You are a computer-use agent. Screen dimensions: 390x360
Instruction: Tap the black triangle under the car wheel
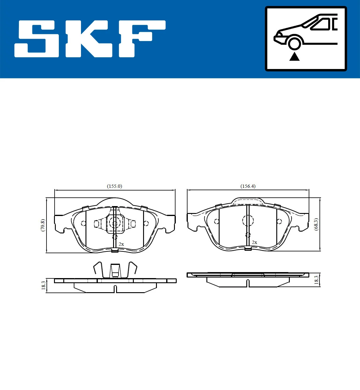pyautogui.click(x=294, y=56)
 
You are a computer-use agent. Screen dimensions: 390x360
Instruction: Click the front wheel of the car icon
pyautogui.click(x=294, y=43)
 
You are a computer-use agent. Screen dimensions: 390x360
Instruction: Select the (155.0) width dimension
pyautogui.click(x=114, y=186)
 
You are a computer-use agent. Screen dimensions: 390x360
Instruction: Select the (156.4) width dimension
pyautogui.click(x=248, y=186)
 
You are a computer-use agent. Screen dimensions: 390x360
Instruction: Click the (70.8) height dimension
pyautogui.click(x=43, y=225)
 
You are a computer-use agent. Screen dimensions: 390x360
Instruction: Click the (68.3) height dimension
pyautogui.click(x=316, y=224)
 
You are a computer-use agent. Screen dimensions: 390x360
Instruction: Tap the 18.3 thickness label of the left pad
pyautogui.click(x=43, y=285)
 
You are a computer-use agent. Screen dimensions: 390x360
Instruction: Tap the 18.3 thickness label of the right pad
pyautogui.click(x=316, y=280)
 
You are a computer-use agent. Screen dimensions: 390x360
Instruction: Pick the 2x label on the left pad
pyautogui.click(x=121, y=244)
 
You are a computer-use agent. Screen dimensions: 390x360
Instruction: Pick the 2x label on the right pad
pyautogui.click(x=254, y=242)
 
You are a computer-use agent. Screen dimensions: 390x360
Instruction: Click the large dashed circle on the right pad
pyautogui.click(x=248, y=220)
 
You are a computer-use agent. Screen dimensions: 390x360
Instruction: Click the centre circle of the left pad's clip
pyautogui.click(x=114, y=223)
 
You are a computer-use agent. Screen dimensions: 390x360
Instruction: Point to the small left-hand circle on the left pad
pyautogui.click(x=83, y=223)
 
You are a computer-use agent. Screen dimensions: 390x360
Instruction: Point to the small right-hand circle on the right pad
pyautogui.click(x=279, y=221)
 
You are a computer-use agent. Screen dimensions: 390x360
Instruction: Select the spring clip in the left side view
pyautogui.click(x=115, y=270)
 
